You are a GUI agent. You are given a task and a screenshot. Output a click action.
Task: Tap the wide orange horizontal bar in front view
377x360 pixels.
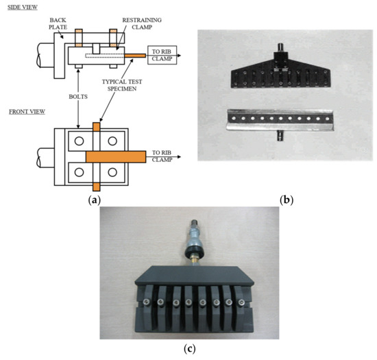[115, 156]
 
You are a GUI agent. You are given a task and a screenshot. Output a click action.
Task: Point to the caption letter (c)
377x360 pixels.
[188, 349]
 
